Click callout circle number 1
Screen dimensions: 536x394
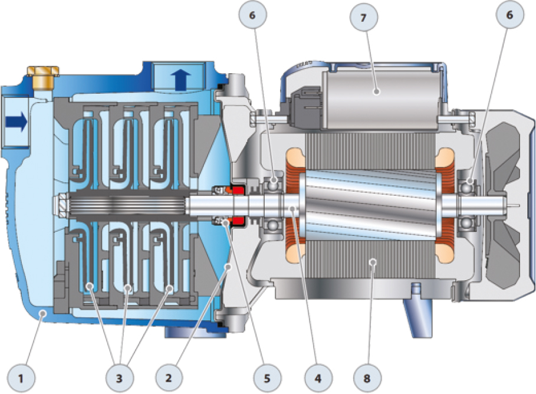click(x=21, y=379)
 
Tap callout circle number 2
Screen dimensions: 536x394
click(x=169, y=378)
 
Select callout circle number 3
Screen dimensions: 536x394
click(x=119, y=378)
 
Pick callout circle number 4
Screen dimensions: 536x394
click(x=318, y=378)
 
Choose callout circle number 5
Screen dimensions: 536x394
click(x=267, y=378)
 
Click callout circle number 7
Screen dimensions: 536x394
click(x=364, y=18)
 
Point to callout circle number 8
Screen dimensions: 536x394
click(x=366, y=378)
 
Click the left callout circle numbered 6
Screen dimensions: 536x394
click(x=252, y=16)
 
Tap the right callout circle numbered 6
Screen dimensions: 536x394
click(x=509, y=15)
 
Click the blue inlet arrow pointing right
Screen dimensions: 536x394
click(x=17, y=122)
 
